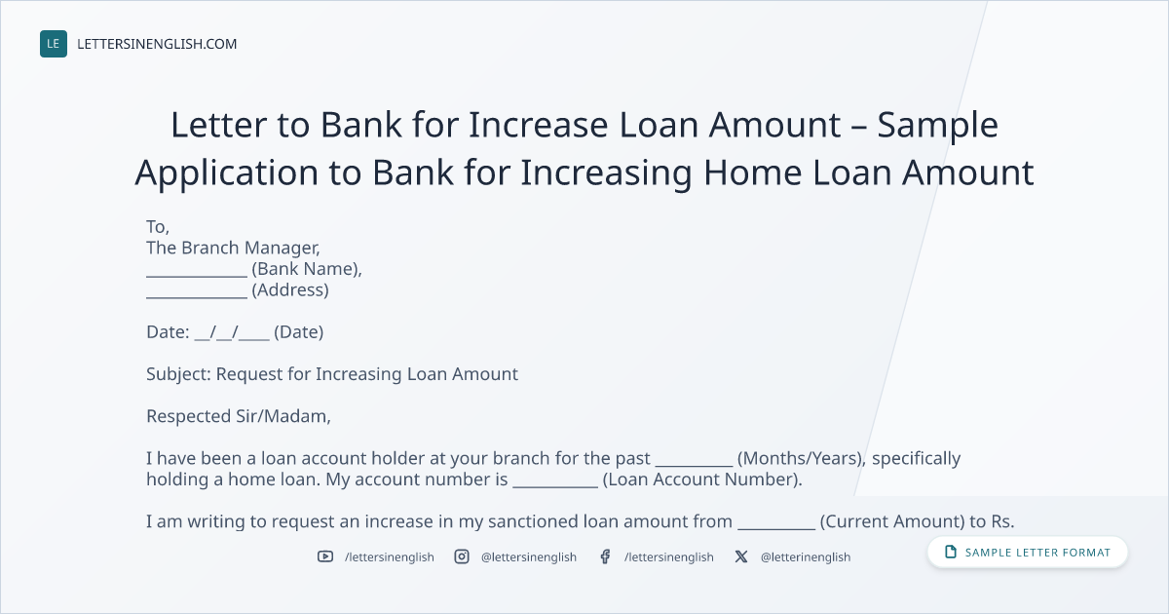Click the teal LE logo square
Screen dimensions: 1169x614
click(54, 44)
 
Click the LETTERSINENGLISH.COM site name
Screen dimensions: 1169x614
click(157, 44)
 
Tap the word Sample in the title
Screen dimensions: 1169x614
click(937, 126)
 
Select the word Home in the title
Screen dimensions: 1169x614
click(752, 173)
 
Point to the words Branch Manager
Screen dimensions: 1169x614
click(250, 248)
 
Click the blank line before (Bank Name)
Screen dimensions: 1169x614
click(197, 277)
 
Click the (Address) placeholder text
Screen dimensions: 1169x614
click(290, 289)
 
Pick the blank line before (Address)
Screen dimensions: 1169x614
click(197, 297)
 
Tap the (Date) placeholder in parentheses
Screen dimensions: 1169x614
click(298, 332)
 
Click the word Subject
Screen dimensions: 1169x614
click(177, 374)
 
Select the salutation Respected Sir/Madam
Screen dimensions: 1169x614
click(238, 416)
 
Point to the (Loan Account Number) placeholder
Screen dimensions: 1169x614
click(702, 480)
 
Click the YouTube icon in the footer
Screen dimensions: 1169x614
click(325, 556)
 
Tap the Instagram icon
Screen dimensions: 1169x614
click(462, 556)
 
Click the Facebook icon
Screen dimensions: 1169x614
click(605, 556)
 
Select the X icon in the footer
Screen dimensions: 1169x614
click(741, 556)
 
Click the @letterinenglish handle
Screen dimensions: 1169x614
click(806, 557)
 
